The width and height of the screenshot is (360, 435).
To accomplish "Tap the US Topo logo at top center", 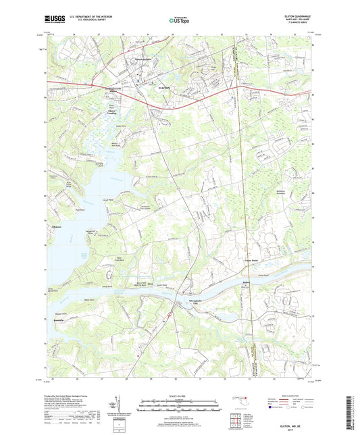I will click(x=177, y=21).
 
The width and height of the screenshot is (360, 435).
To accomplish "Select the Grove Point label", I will click(x=251, y=258).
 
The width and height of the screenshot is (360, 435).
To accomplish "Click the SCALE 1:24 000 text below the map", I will click(x=179, y=396).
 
